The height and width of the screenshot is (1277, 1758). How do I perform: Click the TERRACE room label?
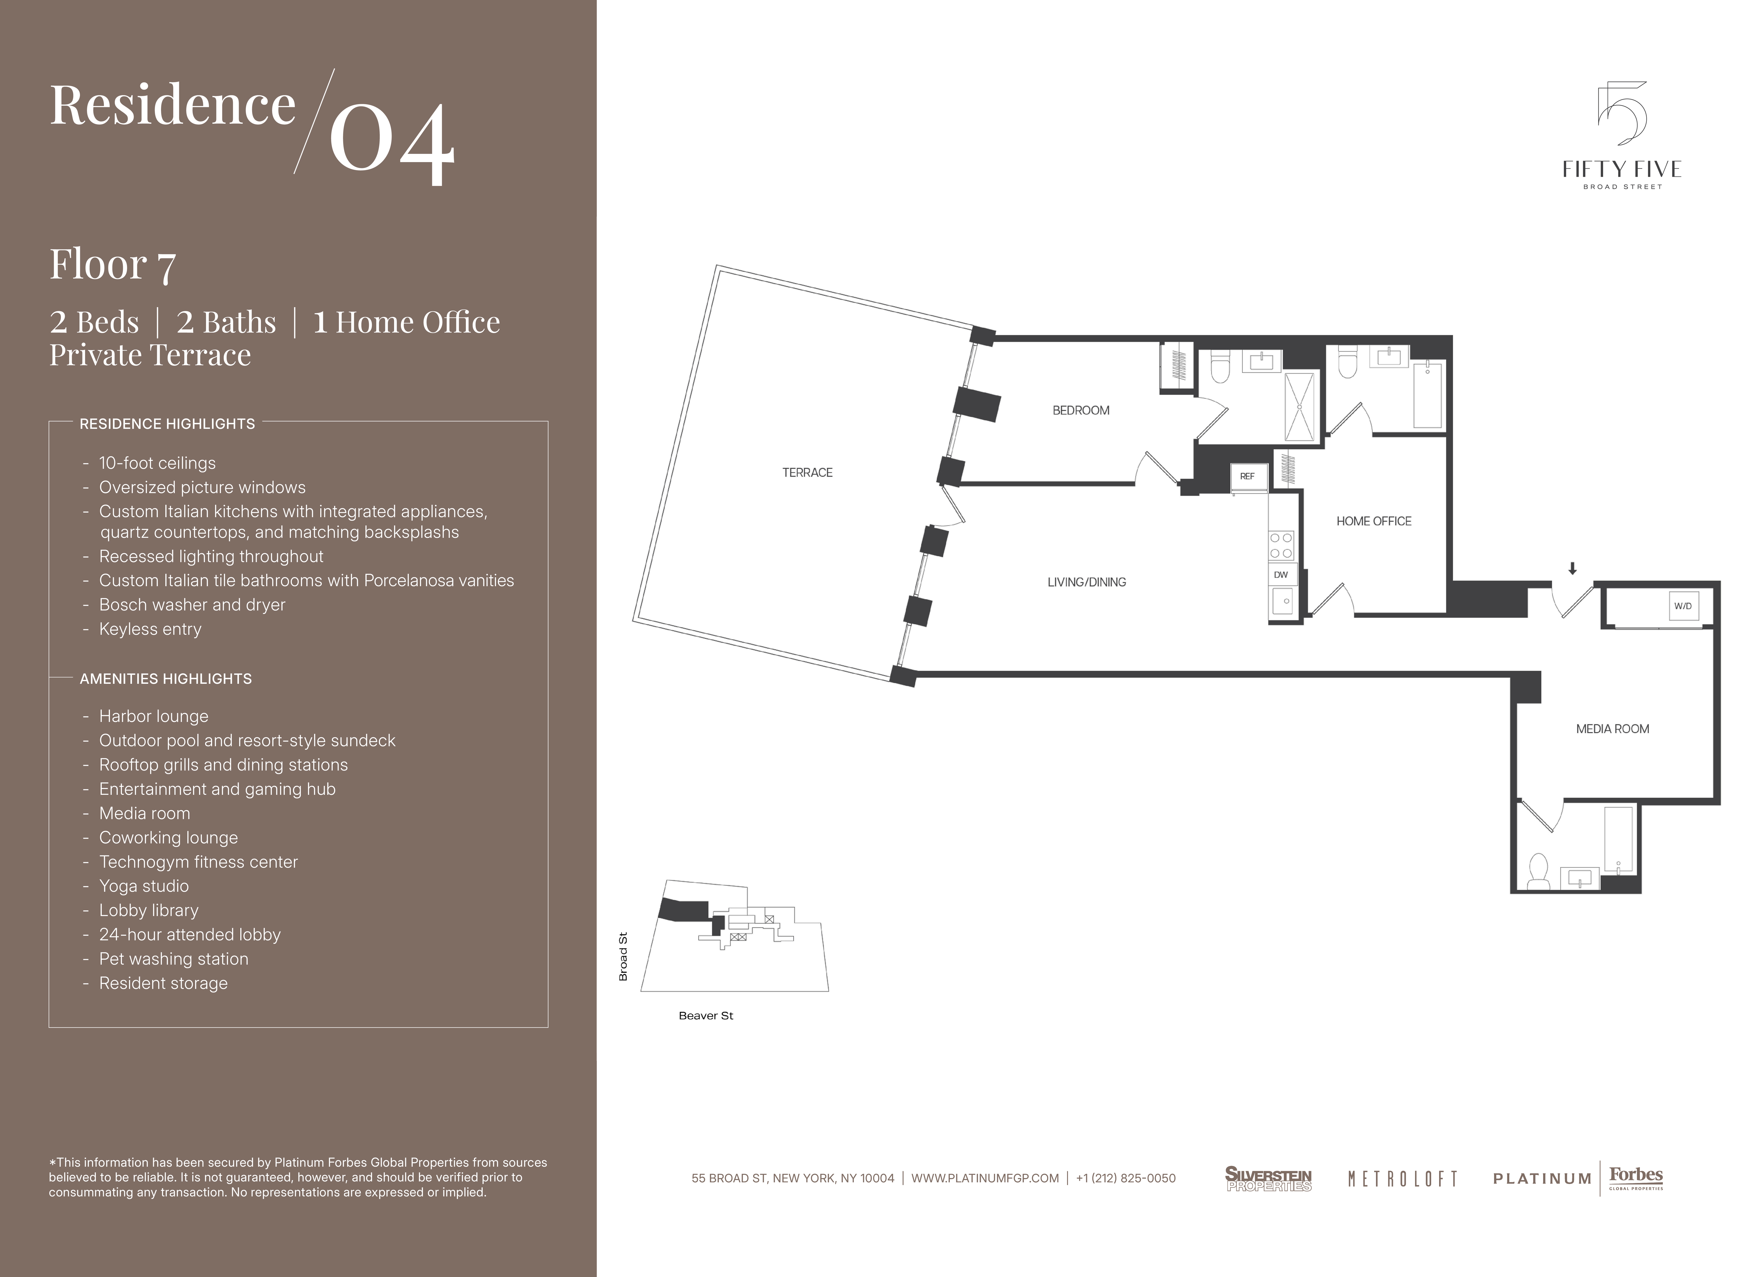click(x=807, y=473)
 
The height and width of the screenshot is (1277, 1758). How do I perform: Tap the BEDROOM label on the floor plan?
click(x=1080, y=411)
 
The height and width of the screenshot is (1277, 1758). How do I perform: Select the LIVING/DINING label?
click(x=1087, y=582)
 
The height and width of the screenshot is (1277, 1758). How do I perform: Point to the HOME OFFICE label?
click(x=1373, y=521)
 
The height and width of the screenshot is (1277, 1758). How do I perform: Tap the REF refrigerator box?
click(x=1247, y=477)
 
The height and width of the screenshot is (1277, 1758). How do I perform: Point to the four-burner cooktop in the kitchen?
click(x=1281, y=545)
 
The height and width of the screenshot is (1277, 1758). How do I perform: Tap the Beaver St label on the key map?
click(x=705, y=1016)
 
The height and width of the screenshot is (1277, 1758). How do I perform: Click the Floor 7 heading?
click(x=113, y=265)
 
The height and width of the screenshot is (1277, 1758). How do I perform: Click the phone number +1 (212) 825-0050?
click(x=1125, y=1179)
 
